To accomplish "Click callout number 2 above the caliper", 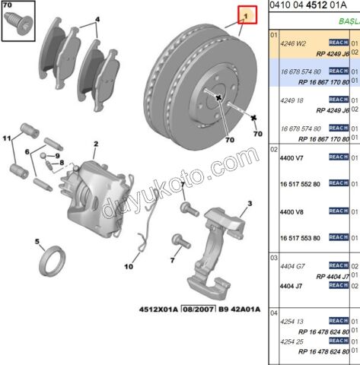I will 97,144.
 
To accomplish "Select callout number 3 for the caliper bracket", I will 248,205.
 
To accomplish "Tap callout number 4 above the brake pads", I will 97,19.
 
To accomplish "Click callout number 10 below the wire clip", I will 129,267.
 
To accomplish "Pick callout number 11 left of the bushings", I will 7,138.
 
